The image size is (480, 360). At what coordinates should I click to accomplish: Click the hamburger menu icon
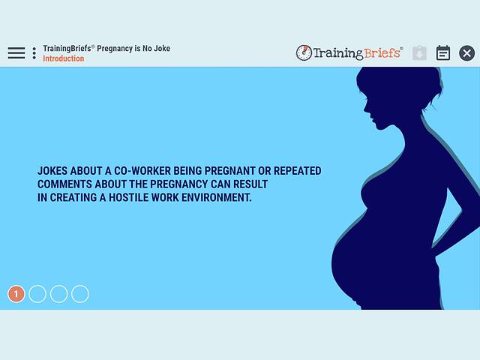pos(16,53)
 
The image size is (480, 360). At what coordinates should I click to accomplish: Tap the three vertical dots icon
pos(34,53)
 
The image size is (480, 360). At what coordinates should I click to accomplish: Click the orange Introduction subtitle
pos(63,58)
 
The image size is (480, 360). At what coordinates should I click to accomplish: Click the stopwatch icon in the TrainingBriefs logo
pos(304,53)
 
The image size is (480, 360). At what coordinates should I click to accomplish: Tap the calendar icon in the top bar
pos(443,53)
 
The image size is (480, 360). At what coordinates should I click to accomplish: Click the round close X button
pos(466,53)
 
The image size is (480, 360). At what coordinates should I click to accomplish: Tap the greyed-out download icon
pos(419,53)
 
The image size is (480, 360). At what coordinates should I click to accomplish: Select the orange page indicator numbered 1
pos(16,294)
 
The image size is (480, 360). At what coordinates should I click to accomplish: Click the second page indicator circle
pos(37,294)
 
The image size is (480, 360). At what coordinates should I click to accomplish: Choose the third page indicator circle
pos(58,294)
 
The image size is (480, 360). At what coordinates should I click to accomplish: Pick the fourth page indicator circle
pos(79,294)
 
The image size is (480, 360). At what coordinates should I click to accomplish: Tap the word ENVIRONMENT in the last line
pos(217,198)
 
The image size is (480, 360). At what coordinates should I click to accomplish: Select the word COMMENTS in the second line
pos(64,184)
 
